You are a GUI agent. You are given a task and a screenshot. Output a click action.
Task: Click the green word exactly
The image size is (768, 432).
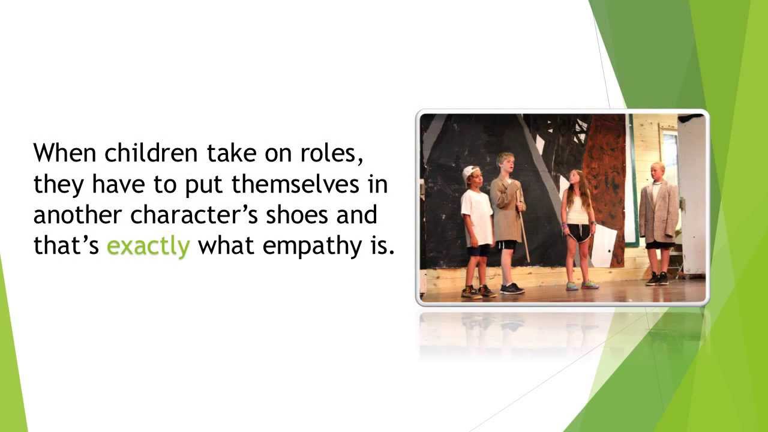(x=148, y=246)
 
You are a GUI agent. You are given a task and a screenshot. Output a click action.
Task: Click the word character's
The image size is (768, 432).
(x=196, y=215)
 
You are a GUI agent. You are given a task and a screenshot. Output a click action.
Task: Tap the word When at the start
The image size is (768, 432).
(x=65, y=153)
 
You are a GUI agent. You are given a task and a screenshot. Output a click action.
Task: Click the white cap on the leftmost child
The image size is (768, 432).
(x=470, y=172)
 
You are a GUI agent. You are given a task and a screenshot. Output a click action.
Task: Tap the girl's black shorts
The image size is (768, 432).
(x=579, y=232)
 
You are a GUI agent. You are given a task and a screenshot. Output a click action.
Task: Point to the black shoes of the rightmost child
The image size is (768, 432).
(x=657, y=278)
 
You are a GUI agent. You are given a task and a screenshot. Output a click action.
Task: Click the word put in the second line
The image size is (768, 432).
(x=202, y=185)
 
